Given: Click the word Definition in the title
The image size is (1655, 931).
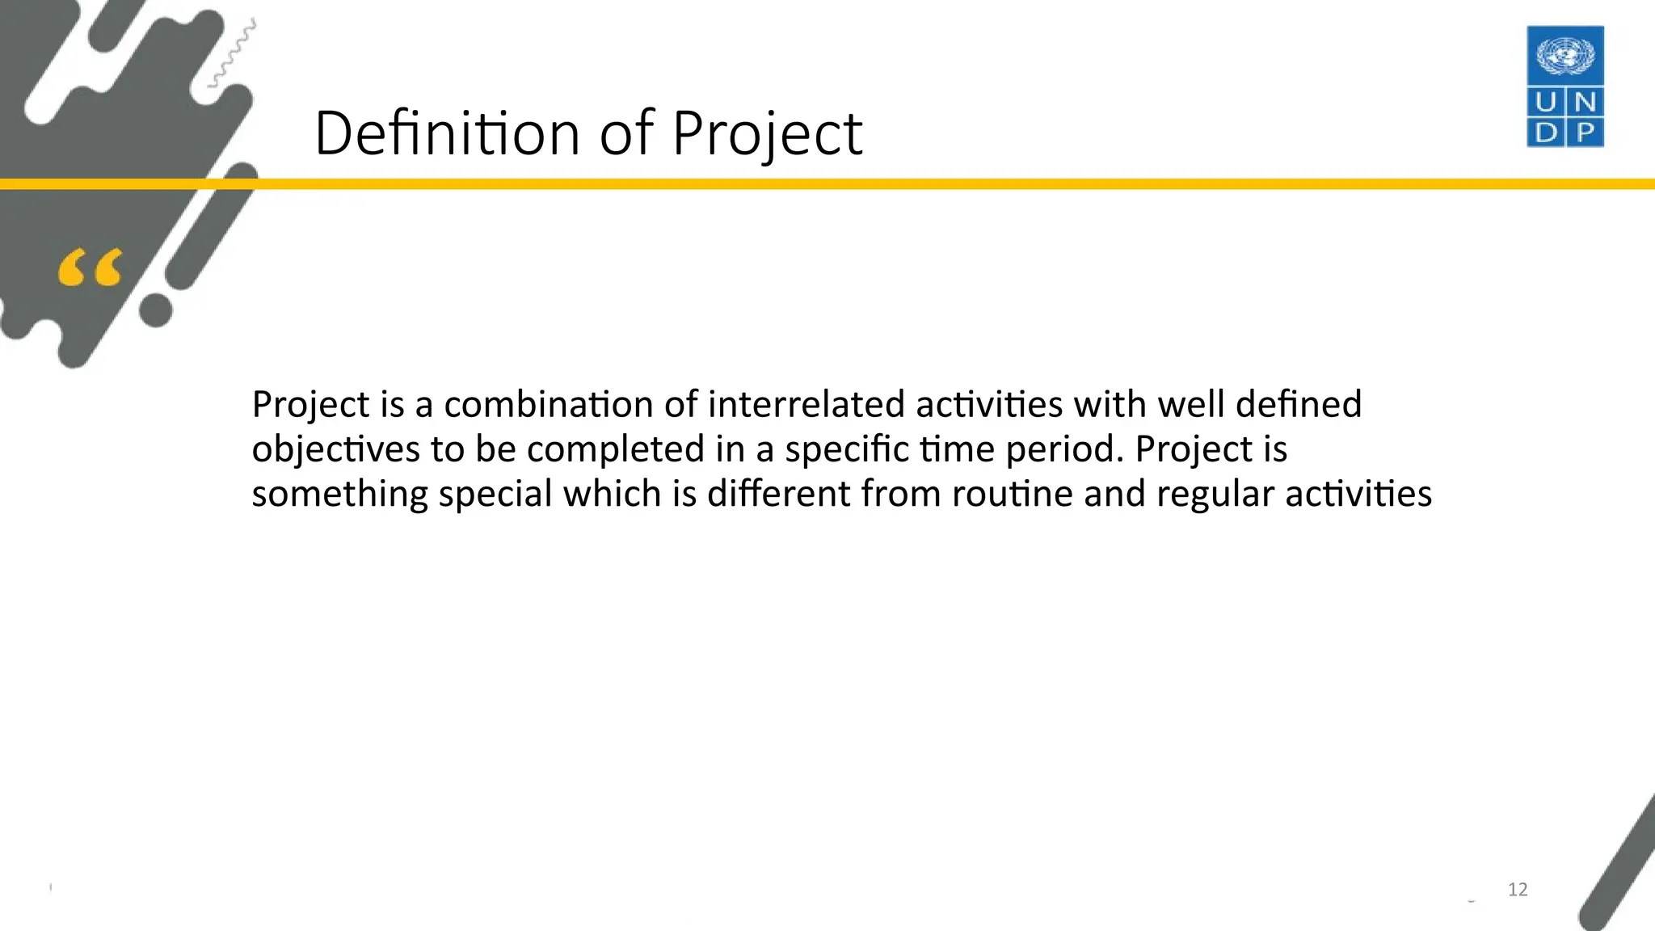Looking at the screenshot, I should pyautogui.click(x=446, y=133).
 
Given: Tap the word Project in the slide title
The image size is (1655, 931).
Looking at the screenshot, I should pyautogui.click(x=766, y=133).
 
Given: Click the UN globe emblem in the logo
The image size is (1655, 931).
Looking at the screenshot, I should pyautogui.click(x=1564, y=57).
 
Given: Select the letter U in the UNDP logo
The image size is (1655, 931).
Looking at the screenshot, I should pyautogui.click(x=1545, y=103).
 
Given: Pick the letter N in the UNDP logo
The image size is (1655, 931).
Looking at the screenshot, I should pyautogui.click(x=1585, y=103).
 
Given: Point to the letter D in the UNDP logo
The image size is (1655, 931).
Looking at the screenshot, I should pyautogui.click(x=1545, y=133).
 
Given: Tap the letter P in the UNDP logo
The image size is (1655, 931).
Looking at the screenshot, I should pyautogui.click(x=1585, y=133).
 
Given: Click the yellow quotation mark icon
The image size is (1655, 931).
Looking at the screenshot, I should pyautogui.click(x=90, y=268).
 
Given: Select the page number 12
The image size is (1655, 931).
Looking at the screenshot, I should pyautogui.click(x=1518, y=890).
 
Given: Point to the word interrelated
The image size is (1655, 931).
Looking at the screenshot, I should pyautogui.click(x=806, y=404).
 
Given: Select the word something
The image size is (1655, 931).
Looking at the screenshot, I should pyautogui.click(x=339, y=494).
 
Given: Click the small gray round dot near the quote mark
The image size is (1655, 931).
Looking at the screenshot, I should pyautogui.click(x=156, y=310).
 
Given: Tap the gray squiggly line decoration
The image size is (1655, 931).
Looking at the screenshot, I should pyautogui.click(x=233, y=53).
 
